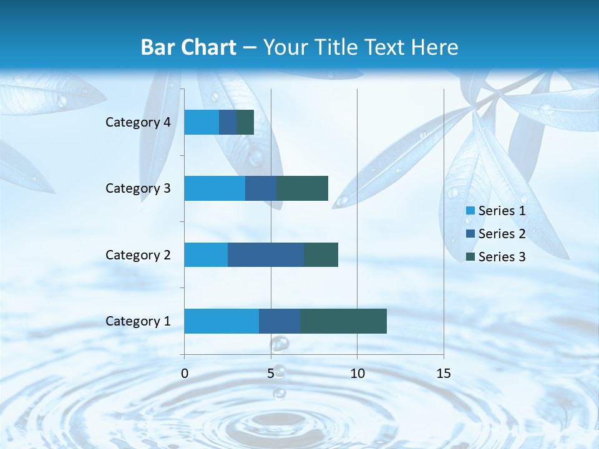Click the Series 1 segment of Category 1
point(222,321)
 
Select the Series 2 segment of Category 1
point(280,321)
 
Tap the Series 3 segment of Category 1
point(343,321)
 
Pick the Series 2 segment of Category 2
point(266,254)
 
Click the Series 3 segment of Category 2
point(321,254)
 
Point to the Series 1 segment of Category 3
point(215,188)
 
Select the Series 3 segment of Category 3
point(302,188)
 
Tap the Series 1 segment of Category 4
point(202,122)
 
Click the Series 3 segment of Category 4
point(245,122)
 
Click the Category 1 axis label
point(138,321)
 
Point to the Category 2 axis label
point(138,254)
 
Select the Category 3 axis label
point(138,188)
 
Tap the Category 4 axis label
point(138,122)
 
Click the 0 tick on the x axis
point(185,374)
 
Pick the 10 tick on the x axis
point(357,374)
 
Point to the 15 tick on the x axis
point(444,374)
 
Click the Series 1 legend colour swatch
point(470,211)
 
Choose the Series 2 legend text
point(502,234)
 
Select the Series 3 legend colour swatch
point(470,257)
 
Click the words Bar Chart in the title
point(188,47)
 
